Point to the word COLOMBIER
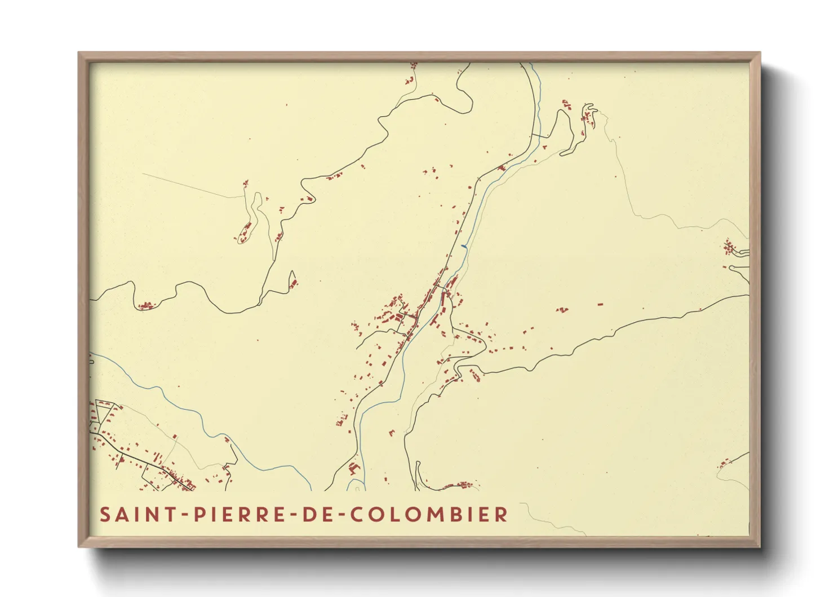(x=429, y=515)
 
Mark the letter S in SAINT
(x=105, y=515)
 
